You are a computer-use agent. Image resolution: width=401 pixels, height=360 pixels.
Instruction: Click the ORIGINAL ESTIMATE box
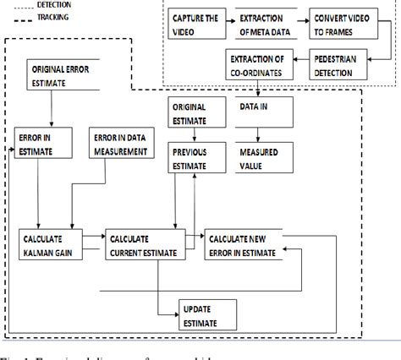[194, 114]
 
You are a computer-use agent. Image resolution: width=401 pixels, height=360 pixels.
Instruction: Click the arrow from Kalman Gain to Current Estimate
[93, 240]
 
